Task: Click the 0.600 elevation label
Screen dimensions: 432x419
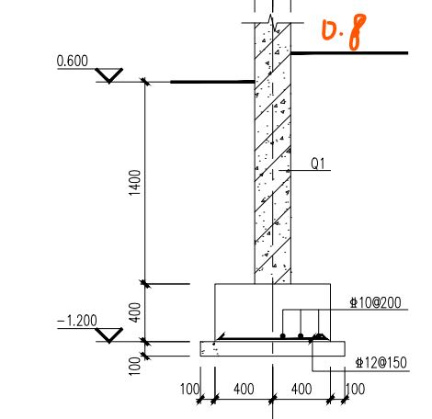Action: pos(73,61)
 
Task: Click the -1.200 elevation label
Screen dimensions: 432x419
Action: pos(77,321)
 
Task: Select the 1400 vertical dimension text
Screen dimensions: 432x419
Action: pos(135,183)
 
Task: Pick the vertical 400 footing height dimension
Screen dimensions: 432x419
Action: pos(135,312)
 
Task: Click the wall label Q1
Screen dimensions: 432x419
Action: pos(318,164)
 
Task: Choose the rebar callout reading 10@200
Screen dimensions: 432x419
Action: pos(375,302)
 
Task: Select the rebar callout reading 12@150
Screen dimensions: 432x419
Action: pos(381,363)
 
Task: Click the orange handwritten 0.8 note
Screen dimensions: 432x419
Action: pos(344,31)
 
